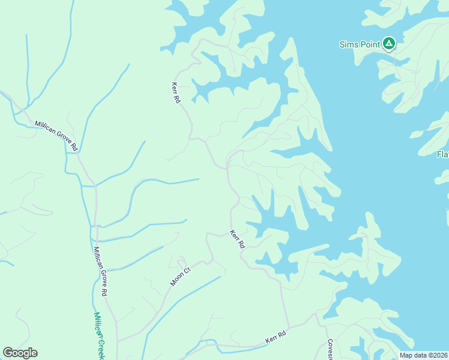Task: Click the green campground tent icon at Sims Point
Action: [x=389, y=43]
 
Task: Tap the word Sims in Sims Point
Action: [x=349, y=44]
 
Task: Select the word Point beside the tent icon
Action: [x=370, y=44]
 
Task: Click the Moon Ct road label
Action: [x=180, y=277]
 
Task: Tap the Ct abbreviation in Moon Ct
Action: [x=187, y=271]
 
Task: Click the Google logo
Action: [x=20, y=353]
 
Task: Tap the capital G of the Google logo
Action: [x=8, y=353]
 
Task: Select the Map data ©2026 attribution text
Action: [x=423, y=355]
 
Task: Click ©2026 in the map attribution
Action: [x=436, y=355]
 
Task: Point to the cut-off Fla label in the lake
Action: [x=443, y=155]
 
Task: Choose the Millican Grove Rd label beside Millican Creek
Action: [x=100, y=271]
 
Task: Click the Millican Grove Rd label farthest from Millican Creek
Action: [x=57, y=134]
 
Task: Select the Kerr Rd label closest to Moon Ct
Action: [x=238, y=239]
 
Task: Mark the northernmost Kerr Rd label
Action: [x=176, y=92]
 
